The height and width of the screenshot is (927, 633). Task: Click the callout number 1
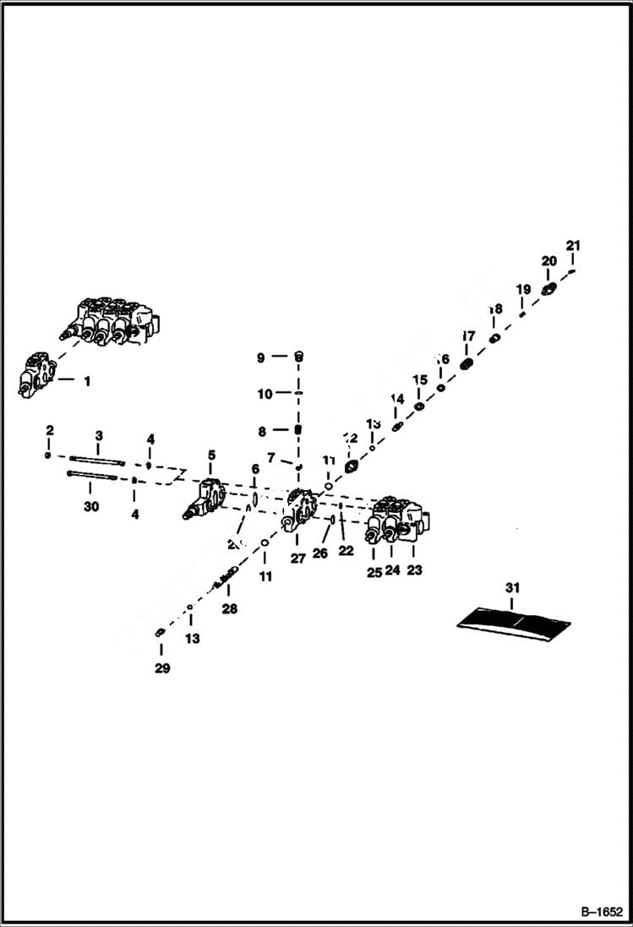coord(86,381)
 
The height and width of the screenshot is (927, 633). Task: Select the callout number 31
coord(514,587)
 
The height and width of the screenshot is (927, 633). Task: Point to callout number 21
coord(574,246)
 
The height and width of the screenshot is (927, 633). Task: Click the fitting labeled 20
coord(548,290)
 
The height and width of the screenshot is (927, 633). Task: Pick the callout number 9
coord(261,357)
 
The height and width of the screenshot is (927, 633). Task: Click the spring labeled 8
coord(297,431)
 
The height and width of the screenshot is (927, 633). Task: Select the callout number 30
coord(91,506)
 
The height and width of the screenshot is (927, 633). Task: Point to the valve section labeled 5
coord(205,501)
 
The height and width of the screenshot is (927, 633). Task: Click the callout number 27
coord(297,559)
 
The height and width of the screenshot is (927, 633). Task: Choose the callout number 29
coord(162,668)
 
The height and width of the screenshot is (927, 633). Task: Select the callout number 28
coord(230,608)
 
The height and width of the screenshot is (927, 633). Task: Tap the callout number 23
coord(414,570)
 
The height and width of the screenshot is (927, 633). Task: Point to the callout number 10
coord(265,394)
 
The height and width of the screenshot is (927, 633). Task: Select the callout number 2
coord(50,430)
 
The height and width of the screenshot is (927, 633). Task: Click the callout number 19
coord(523,289)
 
